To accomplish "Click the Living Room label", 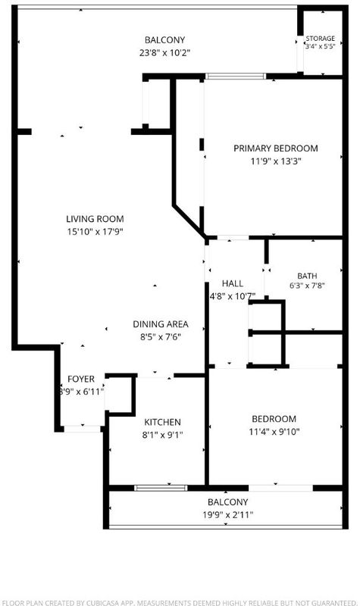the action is tap(95, 219).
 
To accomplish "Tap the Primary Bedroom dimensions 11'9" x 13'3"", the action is tap(276, 161).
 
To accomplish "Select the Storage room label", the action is tap(320, 39).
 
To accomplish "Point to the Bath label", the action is tap(307, 276).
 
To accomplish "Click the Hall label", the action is tap(233, 283).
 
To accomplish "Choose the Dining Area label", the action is tap(161, 324).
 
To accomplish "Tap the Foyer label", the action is tap(81, 379).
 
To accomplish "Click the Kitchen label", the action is tap(162, 422).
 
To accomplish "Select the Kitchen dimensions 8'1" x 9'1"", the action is tap(162, 435).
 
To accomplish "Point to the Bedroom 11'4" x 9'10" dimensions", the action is tap(274, 431).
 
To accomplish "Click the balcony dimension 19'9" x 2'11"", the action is tap(228, 515).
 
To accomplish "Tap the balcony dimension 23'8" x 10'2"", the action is tap(164, 52).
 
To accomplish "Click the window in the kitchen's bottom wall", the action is tap(161, 488).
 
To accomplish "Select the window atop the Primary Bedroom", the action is tap(236, 77).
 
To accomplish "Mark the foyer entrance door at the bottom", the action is tap(82, 429).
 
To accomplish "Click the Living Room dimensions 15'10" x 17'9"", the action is tap(95, 232).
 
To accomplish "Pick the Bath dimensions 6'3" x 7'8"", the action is tap(307, 286).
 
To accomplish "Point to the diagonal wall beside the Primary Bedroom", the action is tap(189, 221).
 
